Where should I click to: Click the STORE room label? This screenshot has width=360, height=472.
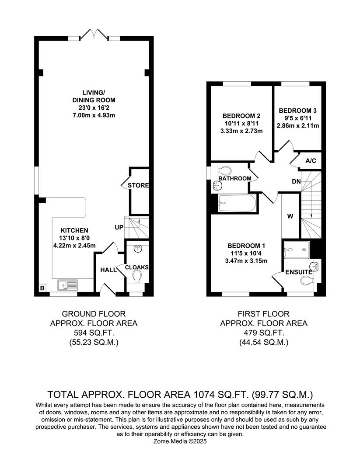[x=138, y=185]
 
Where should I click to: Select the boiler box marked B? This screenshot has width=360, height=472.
[x=42, y=288]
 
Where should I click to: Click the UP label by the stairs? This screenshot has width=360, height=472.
[x=119, y=228]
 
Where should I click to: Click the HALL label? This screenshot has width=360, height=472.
[x=108, y=270]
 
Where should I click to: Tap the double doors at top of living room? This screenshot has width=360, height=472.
[x=94, y=34]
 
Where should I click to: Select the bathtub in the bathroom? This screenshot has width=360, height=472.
[x=235, y=203]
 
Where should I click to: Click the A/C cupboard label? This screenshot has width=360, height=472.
[x=311, y=161]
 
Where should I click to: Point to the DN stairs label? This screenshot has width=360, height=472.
[x=296, y=181]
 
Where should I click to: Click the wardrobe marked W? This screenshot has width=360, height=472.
[x=290, y=215]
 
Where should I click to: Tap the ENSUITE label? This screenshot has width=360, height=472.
[x=298, y=272]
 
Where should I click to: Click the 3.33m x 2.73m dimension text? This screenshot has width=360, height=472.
[x=242, y=131]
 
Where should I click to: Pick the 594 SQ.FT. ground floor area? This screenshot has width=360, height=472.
[x=93, y=333]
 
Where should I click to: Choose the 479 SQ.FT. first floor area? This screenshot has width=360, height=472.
[x=263, y=333]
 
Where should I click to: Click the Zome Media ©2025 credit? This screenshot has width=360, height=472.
[x=180, y=441]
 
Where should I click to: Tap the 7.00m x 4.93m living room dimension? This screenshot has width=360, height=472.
[x=94, y=115]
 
